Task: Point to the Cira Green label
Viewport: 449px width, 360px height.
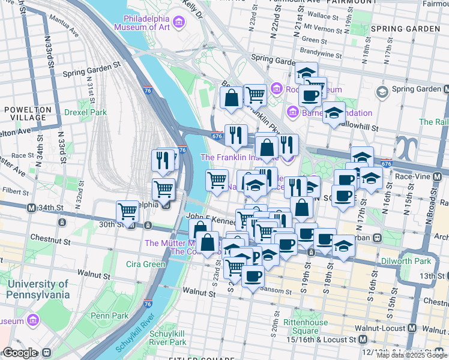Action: [x=145, y=264]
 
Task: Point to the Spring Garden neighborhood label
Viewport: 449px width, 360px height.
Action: [x=405, y=29]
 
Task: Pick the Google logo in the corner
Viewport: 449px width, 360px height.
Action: [x=20, y=353]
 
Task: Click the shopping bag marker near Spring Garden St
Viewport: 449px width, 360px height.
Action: [x=231, y=98]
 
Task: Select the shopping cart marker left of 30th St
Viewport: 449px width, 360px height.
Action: [x=127, y=211]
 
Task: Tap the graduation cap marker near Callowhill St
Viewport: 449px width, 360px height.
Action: [x=333, y=112]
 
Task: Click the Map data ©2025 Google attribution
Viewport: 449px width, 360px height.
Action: [x=412, y=355]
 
